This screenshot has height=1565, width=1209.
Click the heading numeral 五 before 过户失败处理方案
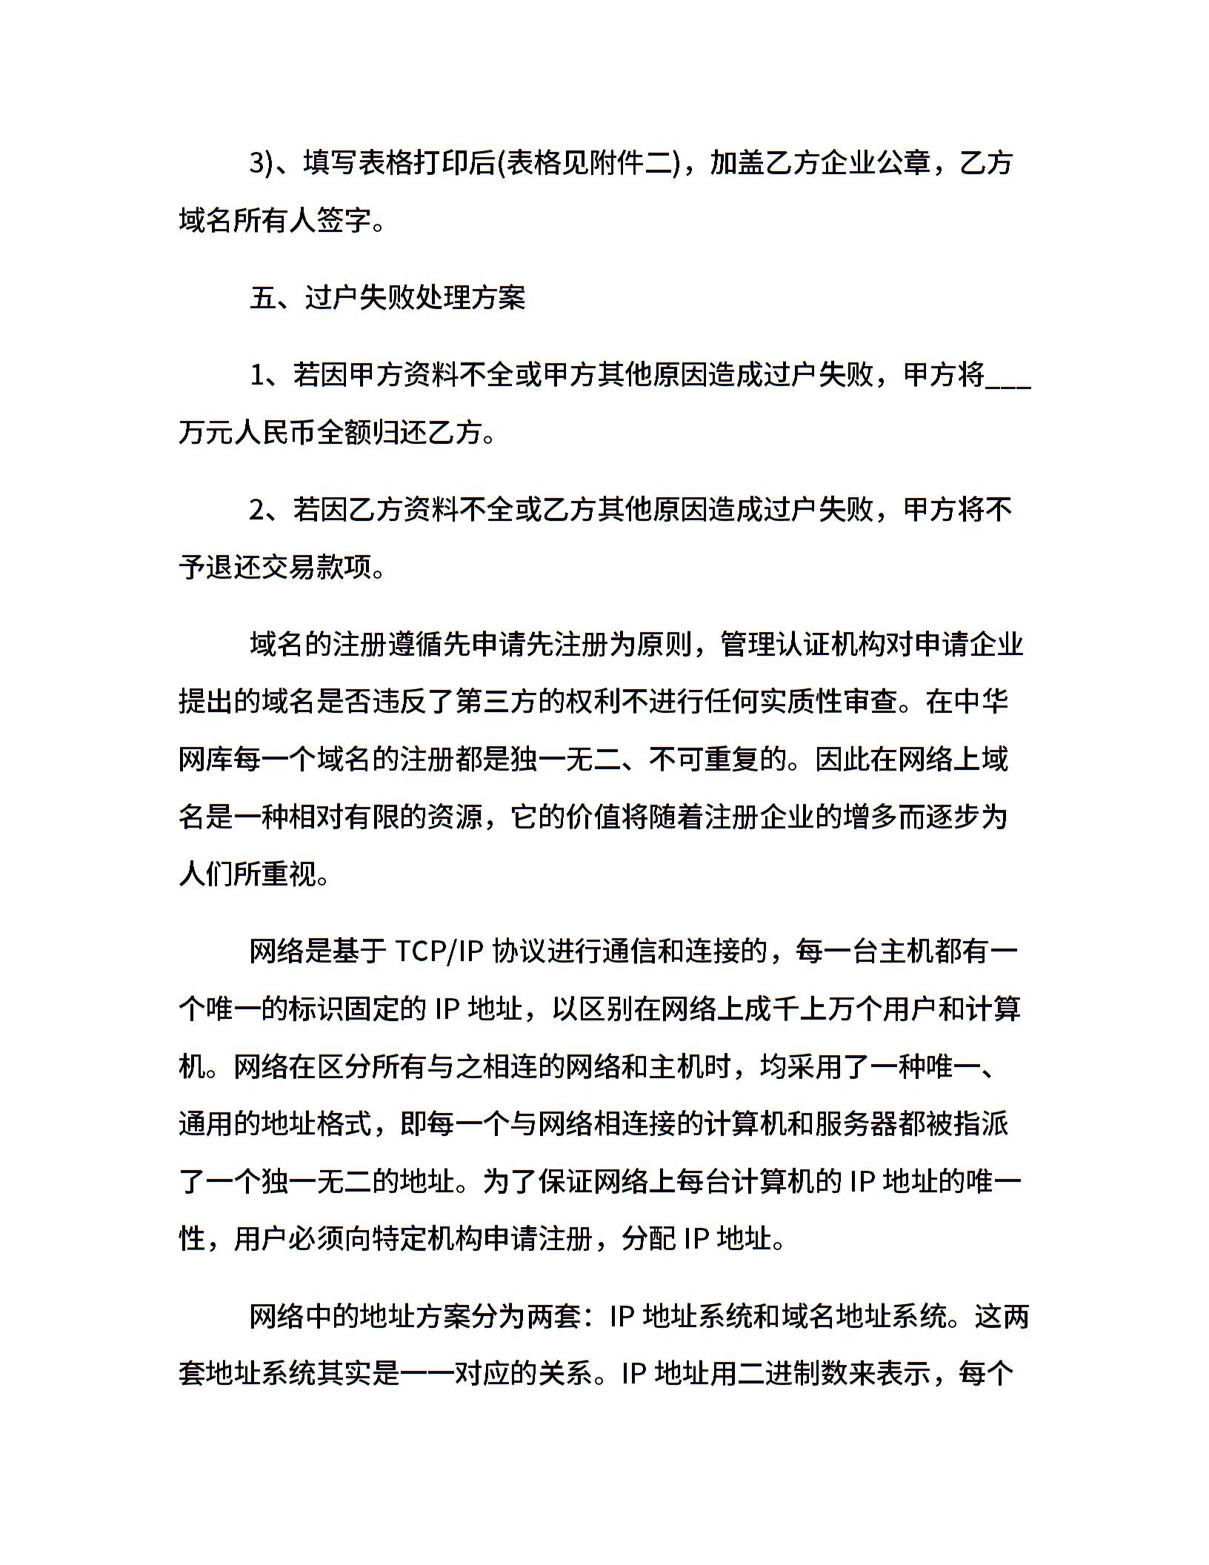(263, 298)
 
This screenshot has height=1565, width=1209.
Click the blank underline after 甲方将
(1008, 376)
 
